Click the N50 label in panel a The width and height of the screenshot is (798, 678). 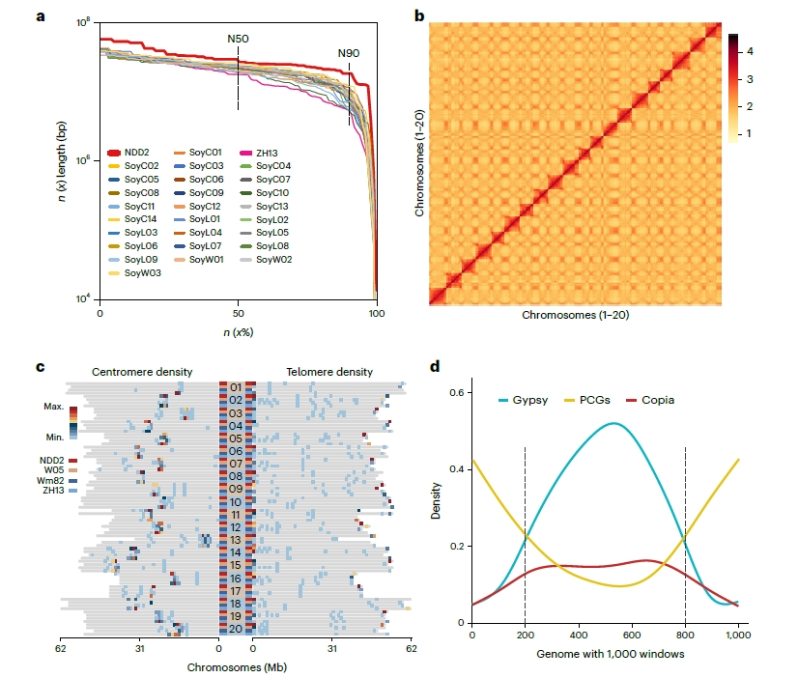pos(238,39)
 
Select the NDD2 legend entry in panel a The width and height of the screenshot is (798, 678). pos(135,152)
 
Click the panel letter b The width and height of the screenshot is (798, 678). pos(417,15)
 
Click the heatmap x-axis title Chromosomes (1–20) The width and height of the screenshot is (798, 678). pos(576,316)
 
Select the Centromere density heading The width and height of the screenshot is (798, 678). pos(142,371)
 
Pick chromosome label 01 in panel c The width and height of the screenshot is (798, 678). pos(235,388)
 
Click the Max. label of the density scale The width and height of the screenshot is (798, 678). pos(53,407)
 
